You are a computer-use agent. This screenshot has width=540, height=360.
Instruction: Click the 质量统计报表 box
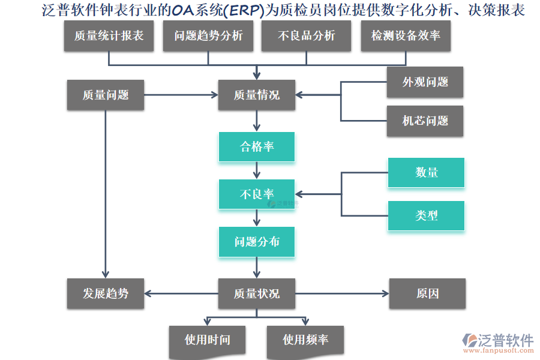109,36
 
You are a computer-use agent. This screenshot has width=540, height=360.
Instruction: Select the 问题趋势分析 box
208,36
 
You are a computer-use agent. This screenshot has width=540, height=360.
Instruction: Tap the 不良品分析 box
307,36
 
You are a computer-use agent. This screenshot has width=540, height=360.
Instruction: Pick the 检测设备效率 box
406,36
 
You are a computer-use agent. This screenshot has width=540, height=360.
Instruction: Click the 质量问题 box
106,95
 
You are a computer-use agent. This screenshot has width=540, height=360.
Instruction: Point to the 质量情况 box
257,95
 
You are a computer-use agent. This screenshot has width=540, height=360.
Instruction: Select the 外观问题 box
425,82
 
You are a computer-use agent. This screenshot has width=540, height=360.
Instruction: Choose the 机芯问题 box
425,121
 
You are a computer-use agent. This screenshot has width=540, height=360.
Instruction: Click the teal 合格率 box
257,147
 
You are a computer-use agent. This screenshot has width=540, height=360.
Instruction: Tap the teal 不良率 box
257,194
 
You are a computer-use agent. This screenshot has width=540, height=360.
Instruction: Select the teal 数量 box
426,173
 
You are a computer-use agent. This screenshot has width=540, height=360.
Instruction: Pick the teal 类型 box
426,215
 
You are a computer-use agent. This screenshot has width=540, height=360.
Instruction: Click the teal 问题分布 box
257,242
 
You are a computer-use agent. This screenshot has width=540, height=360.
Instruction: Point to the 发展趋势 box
106,293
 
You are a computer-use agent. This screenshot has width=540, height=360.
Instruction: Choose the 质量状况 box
257,293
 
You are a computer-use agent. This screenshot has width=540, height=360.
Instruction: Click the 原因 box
427,293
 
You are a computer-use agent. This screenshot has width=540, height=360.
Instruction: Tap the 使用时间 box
208,340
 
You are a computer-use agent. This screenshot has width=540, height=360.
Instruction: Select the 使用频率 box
305,340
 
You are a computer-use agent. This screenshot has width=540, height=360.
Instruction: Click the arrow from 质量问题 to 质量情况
180,95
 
